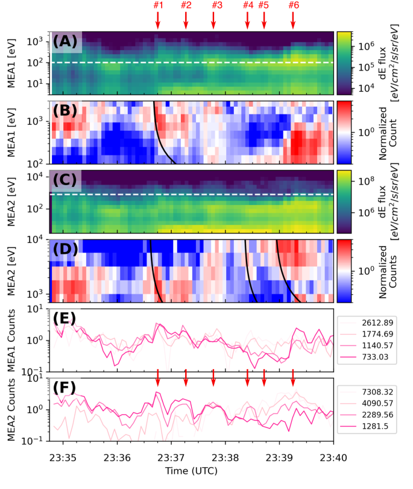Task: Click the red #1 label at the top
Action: [158, 5]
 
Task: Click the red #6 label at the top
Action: [294, 5]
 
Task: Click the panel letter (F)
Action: [66, 388]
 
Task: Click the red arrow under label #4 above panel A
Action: [247, 21]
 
